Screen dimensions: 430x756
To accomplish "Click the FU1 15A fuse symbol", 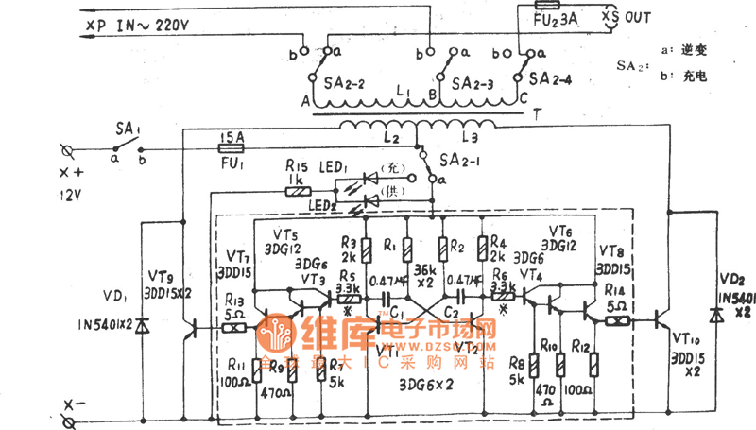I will [x=232, y=147].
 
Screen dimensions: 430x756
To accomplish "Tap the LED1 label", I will [x=338, y=168].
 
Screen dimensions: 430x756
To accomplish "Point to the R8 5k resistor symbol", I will [x=534, y=365].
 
